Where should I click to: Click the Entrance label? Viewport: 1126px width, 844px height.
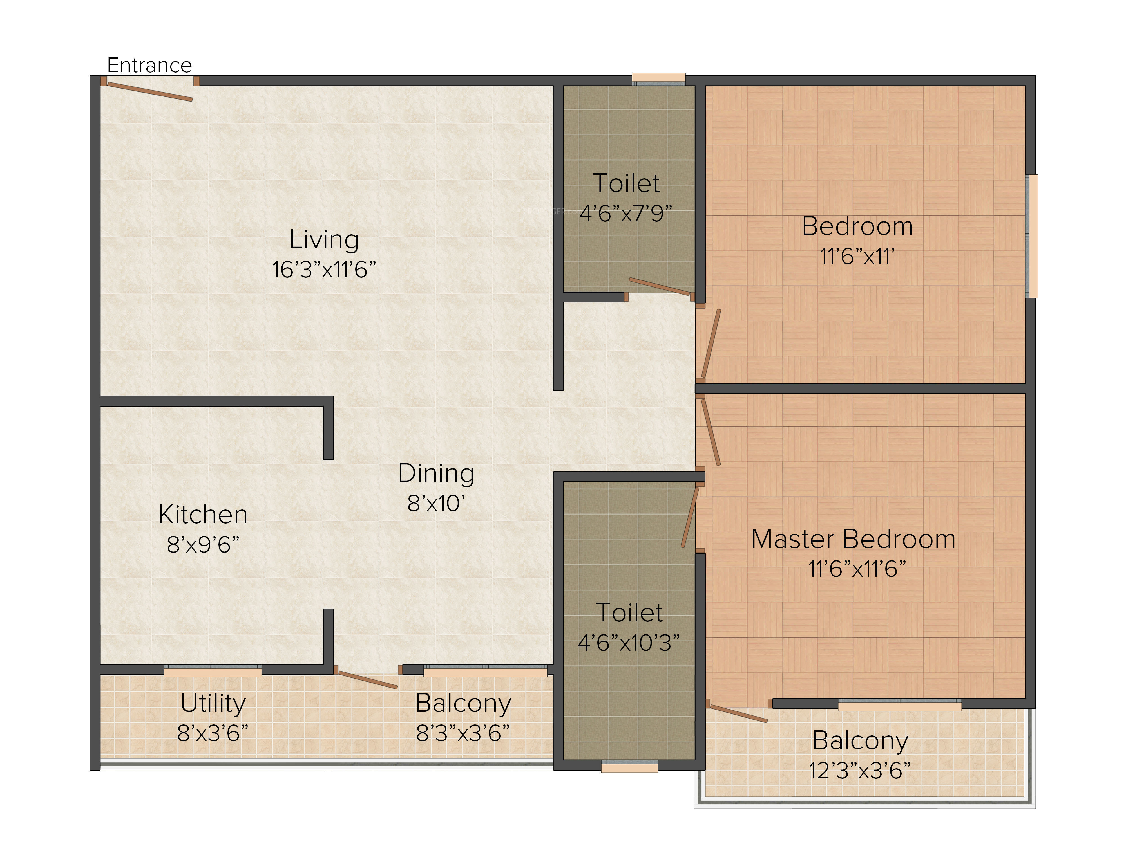click(x=149, y=66)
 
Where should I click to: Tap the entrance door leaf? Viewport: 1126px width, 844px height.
click(x=150, y=91)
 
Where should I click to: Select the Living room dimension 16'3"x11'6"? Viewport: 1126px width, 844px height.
click(x=324, y=270)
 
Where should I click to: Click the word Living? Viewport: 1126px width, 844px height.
click(x=324, y=240)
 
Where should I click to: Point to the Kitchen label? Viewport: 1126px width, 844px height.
click(x=203, y=514)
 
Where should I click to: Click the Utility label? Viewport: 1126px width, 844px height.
click(x=213, y=704)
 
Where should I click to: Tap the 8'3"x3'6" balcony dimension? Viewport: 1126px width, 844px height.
click(x=463, y=733)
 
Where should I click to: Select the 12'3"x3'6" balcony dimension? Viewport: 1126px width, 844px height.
click(x=860, y=770)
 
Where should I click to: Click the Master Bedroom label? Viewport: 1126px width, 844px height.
click(x=853, y=539)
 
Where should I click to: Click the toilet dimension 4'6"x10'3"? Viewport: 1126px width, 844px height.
click(x=629, y=643)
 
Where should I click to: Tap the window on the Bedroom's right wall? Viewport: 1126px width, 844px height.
click(x=1032, y=236)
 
